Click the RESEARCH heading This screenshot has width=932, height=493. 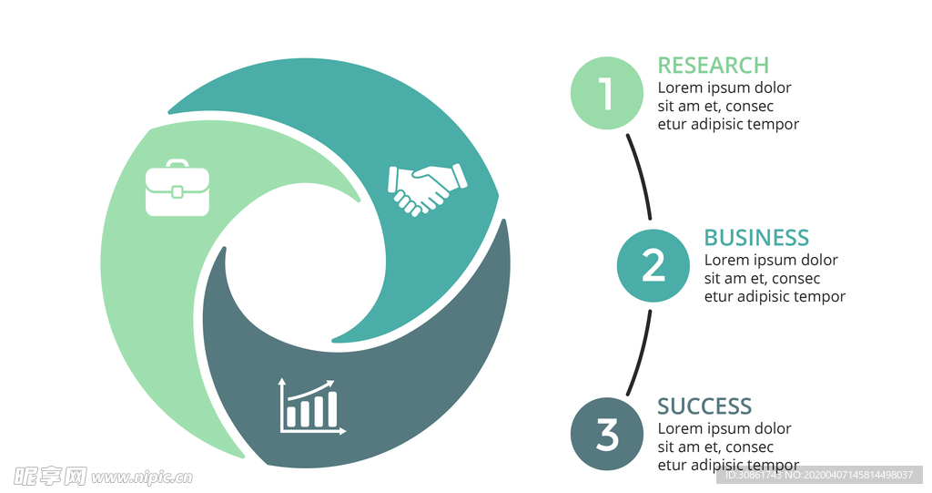click(713, 66)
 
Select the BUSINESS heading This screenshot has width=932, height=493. click(756, 238)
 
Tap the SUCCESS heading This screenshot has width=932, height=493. click(704, 406)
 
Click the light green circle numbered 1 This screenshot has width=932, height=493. click(606, 93)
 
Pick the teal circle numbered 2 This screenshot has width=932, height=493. click(653, 265)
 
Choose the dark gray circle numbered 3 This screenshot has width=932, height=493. click(606, 435)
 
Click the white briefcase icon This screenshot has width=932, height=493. click(177, 189)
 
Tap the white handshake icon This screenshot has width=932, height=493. click(426, 188)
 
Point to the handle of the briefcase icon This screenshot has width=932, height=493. click(177, 165)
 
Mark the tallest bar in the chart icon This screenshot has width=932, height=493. click(332, 409)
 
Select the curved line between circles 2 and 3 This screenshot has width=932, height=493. click(641, 353)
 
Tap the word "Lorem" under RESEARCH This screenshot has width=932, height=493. click(680, 88)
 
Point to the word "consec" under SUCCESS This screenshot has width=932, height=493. click(750, 447)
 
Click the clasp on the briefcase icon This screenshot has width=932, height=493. click(177, 191)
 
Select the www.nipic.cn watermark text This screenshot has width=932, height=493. click(142, 477)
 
